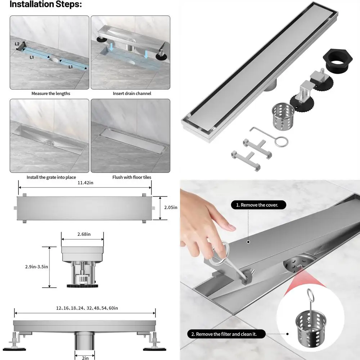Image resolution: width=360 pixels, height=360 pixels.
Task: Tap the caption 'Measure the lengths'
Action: click(51, 93)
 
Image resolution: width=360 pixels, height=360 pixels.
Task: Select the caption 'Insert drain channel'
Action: click(132, 93)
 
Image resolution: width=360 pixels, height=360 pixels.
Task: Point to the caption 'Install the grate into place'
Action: click(51, 177)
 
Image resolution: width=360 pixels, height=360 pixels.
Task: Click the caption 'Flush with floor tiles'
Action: click(132, 177)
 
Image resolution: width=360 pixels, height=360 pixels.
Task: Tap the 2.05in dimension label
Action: click(171, 207)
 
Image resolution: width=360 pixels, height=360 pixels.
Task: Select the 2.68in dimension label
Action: click(84, 234)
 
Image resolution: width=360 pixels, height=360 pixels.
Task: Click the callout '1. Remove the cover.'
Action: click(259, 205)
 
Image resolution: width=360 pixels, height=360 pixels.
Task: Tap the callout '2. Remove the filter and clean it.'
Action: click(226, 334)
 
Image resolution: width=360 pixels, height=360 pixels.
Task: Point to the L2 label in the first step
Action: click(17, 44)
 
